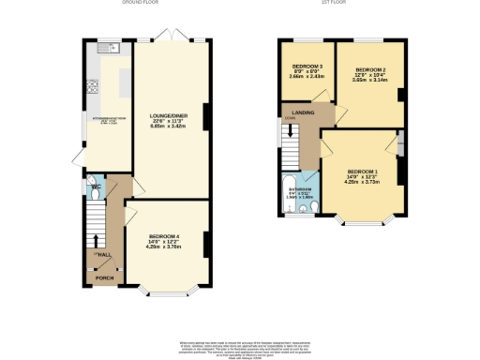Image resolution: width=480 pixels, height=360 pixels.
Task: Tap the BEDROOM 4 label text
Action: (x=163, y=238)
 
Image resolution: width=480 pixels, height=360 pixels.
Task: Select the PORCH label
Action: (x=103, y=278)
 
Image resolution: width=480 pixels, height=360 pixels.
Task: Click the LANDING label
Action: (x=303, y=113)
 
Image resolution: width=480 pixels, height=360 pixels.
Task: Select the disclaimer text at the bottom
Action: (x=240, y=347)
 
